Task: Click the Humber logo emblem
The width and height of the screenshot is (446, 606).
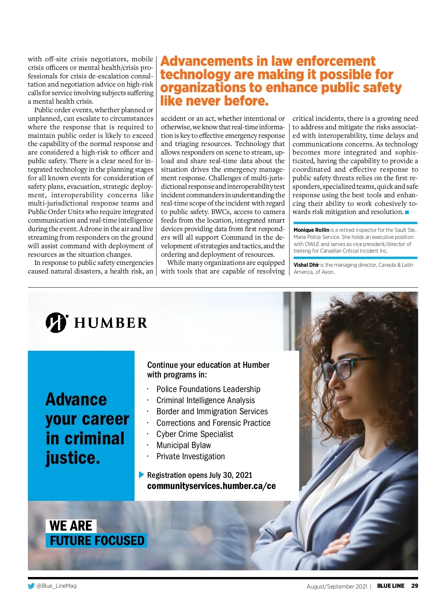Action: tap(56, 323)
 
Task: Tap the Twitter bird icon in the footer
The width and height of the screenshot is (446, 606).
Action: tap(31, 586)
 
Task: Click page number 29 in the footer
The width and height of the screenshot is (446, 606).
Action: tap(414, 586)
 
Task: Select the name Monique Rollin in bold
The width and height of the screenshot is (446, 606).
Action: tap(311, 230)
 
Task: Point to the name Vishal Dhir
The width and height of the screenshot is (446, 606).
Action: tap(306, 265)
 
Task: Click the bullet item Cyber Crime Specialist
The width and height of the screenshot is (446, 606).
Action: tap(195, 434)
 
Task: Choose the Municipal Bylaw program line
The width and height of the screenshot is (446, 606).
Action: tap(184, 445)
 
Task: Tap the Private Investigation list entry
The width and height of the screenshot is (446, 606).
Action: tap(190, 456)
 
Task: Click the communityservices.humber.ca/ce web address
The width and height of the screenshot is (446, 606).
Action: tap(211, 486)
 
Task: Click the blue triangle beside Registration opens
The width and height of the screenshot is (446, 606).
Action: tap(141, 475)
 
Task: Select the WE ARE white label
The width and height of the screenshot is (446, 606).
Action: tap(71, 526)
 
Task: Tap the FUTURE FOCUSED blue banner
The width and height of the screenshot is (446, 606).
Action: tap(97, 541)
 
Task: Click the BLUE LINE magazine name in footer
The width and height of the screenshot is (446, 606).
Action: tap(391, 586)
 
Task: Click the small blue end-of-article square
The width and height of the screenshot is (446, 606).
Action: tap(407, 212)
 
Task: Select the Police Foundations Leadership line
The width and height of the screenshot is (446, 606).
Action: tap(208, 389)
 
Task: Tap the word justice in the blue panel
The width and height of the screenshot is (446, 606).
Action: tap(73, 458)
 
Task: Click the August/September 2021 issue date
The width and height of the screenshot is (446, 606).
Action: tap(337, 586)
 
